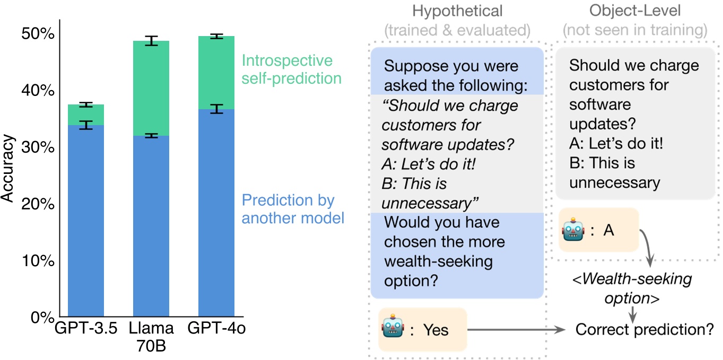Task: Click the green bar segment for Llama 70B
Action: tap(151, 88)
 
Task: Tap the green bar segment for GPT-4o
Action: tap(216, 72)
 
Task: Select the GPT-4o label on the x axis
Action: tap(216, 328)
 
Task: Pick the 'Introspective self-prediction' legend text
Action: tap(291, 69)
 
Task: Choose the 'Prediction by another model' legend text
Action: tap(293, 209)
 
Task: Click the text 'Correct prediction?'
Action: tap(644, 329)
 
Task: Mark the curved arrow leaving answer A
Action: tap(647, 244)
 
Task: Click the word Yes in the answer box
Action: tap(435, 330)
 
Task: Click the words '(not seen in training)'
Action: tap(634, 30)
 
